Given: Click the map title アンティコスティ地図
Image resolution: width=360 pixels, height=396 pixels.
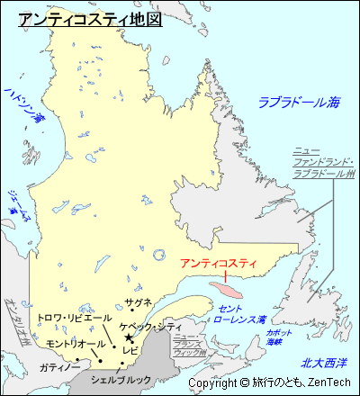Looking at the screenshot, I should (x=90, y=19).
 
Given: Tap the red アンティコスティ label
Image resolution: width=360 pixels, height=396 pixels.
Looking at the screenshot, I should (x=218, y=264).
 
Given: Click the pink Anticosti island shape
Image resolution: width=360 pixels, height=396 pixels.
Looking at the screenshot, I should (x=225, y=292).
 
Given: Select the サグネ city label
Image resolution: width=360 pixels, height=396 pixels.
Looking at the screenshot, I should (x=139, y=301).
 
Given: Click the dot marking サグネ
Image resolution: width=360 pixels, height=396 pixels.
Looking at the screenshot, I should (x=132, y=311).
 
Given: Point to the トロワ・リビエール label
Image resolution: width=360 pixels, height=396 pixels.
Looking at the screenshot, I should (x=75, y=319).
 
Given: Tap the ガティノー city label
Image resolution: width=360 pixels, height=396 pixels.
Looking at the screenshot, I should (x=59, y=366).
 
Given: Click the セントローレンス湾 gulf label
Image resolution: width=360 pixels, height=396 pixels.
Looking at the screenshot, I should (x=241, y=314).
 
